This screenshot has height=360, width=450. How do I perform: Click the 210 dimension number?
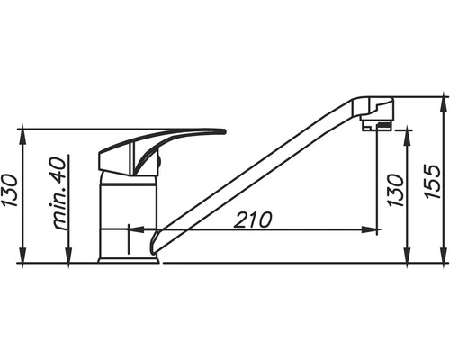point(253,220)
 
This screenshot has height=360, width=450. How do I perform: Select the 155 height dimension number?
point(433,181)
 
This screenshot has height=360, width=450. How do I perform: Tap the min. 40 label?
point(57,193)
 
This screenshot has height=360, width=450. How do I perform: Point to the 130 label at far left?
point(10,190)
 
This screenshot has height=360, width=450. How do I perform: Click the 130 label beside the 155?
point(396,190)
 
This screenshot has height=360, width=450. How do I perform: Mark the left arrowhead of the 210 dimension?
point(137,229)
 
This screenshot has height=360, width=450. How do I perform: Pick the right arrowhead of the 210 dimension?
point(369,229)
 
